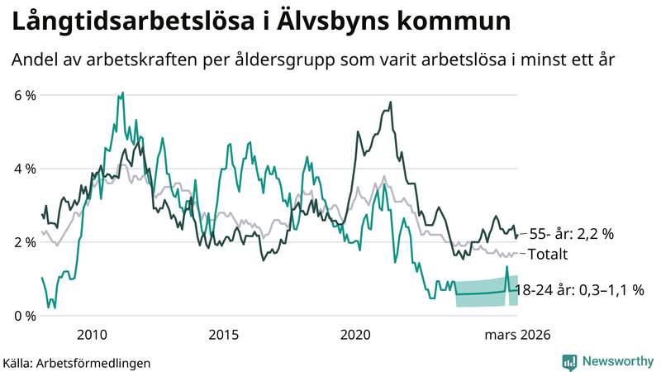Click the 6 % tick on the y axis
click(x=25, y=95)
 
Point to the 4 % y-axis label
click(x=25, y=169)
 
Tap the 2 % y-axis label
click(x=25, y=242)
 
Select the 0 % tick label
click(x=25, y=316)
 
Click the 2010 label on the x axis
click(x=91, y=335)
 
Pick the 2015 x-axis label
click(x=224, y=335)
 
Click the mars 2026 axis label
click(x=518, y=335)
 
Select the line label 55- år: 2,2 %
click(x=573, y=234)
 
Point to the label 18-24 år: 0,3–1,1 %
click(x=579, y=290)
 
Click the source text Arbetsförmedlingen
click(x=102, y=362)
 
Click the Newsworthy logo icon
click(x=569, y=361)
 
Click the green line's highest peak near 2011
click(x=122, y=93)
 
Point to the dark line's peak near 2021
click(x=390, y=103)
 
